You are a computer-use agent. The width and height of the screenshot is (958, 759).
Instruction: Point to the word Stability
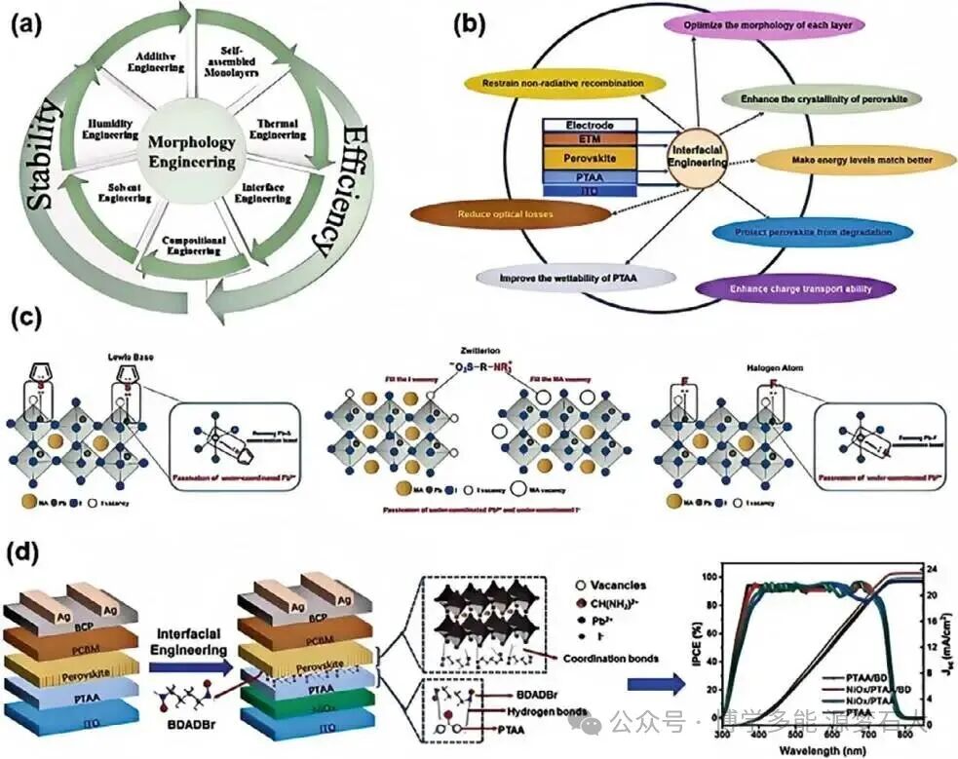44,157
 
